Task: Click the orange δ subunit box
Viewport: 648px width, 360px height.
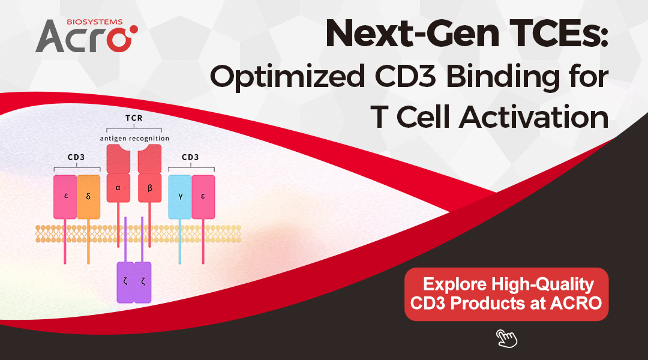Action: click(88, 197)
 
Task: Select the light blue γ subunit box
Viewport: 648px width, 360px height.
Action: click(180, 197)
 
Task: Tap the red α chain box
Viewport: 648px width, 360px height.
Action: click(118, 187)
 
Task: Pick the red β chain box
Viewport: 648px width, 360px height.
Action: click(149, 187)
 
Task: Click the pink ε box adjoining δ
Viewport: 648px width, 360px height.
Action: click(65, 197)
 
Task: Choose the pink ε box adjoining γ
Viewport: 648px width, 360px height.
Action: click(203, 197)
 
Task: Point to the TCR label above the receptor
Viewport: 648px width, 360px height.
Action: click(134, 119)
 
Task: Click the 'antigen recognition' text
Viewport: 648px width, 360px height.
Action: click(134, 139)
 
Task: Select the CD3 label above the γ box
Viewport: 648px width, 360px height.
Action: click(190, 158)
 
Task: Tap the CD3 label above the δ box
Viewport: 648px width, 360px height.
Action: click(77, 158)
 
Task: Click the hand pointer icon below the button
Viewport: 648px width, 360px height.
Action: click(506, 338)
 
